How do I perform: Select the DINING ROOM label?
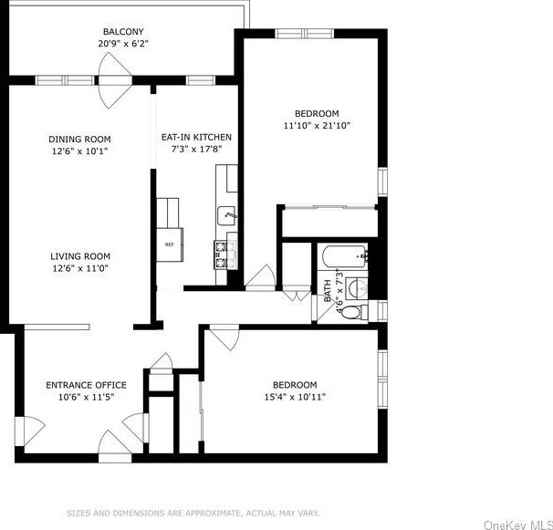pos(79,140)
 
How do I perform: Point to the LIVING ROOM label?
pos(79,256)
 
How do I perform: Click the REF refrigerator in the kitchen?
pos(169,244)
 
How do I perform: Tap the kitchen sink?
pos(226,216)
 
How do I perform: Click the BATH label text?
pos(327,291)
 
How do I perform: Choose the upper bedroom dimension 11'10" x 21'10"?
pos(317,125)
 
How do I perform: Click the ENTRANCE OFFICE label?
pos(86,385)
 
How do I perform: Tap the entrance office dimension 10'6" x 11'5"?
pos(86,397)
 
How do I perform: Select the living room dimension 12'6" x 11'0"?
pos(79,268)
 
